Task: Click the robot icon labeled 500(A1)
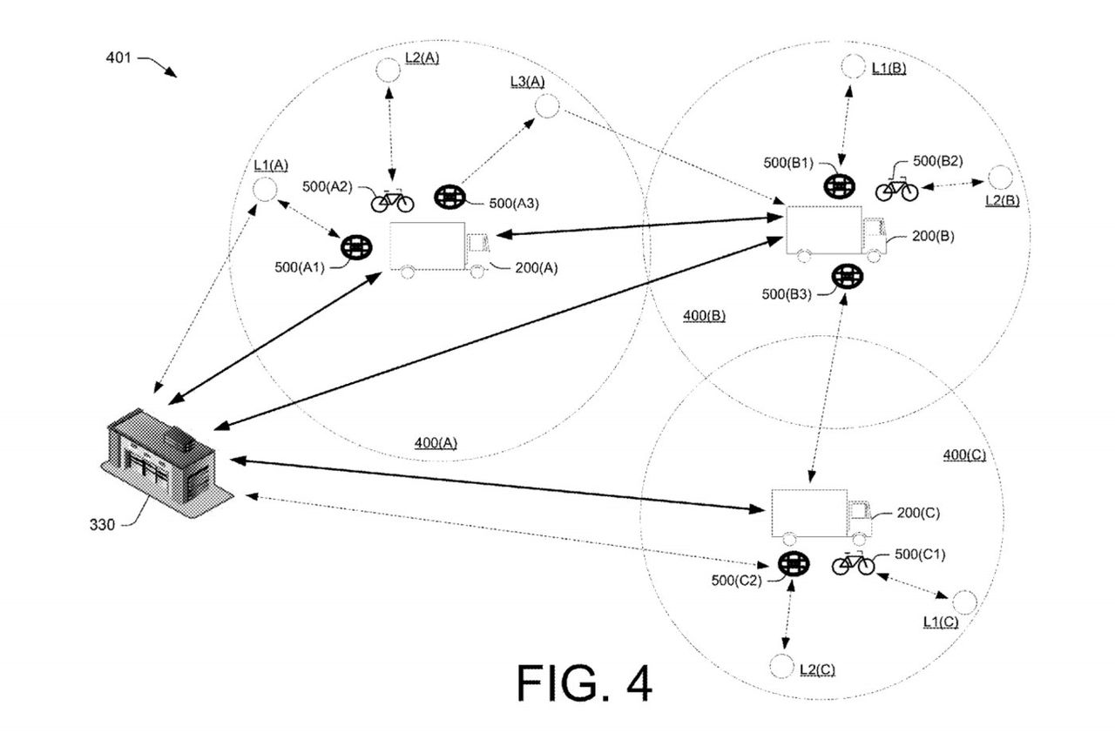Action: [x=355, y=247]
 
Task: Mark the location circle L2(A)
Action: [x=388, y=70]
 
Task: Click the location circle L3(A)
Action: [x=546, y=106]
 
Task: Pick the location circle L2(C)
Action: [x=780, y=665]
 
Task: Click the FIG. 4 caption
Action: [x=584, y=683]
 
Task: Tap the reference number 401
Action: [x=118, y=58]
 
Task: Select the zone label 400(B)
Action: [x=705, y=315]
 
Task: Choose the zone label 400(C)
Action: [x=964, y=454]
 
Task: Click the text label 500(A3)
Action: [x=514, y=203]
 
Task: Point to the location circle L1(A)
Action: [x=264, y=189]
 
